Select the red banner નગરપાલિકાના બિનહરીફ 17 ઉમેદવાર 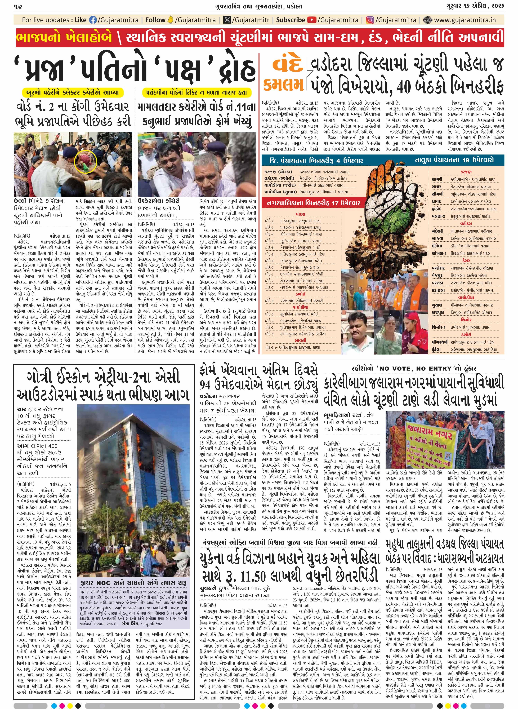coord(314,203)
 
